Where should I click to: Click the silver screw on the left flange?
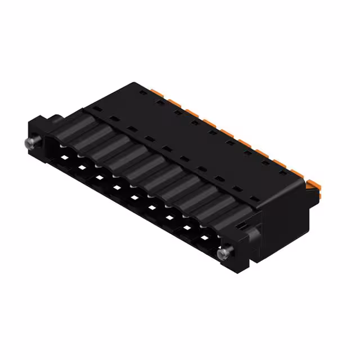[x=30, y=142]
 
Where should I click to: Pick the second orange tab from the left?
[x=172, y=100]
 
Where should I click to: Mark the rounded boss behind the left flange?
[x=57, y=119]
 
